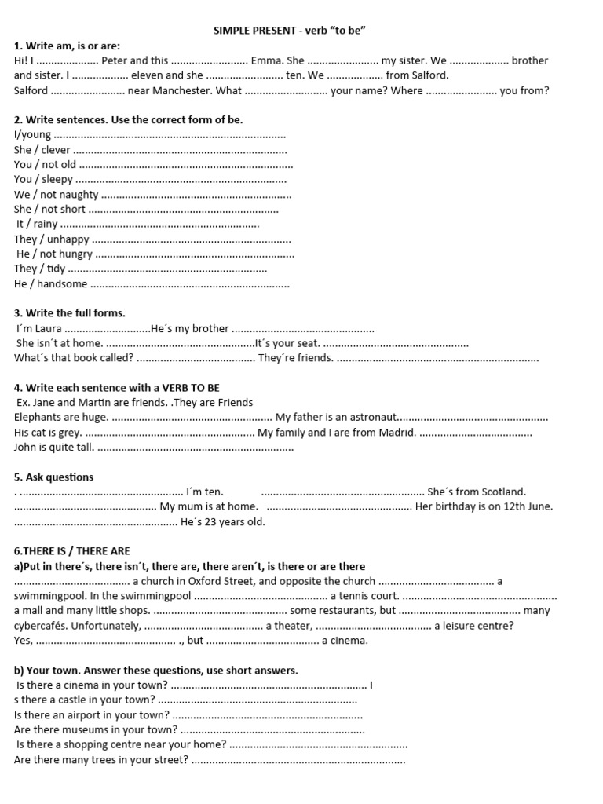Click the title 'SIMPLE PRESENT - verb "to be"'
tap(291, 30)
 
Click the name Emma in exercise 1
tap(266, 60)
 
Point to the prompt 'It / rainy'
tap(37, 224)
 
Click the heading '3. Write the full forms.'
tap(70, 313)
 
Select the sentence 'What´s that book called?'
tap(74, 358)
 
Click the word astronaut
tap(372, 418)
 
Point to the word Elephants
tap(38, 418)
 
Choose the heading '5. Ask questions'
tap(53, 477)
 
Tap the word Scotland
tap(502, 492)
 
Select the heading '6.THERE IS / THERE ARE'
tap(72, 551)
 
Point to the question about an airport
tap(92, 714)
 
